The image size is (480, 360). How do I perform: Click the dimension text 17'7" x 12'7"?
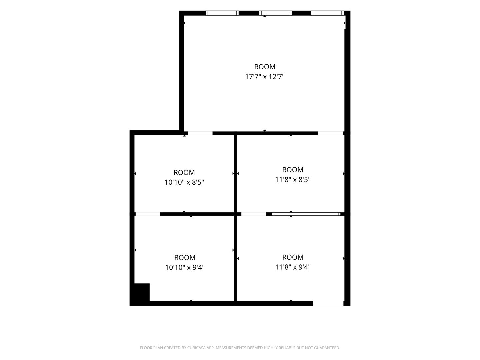tap(265, 77)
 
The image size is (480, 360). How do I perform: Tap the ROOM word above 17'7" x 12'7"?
tap(265, 67)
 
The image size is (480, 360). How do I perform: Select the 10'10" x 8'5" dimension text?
tap(184, 182)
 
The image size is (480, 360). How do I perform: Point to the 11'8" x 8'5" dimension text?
tap(293, 179)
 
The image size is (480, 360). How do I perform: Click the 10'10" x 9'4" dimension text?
tap(185, 267)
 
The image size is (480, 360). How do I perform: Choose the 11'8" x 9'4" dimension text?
tap(293, 267)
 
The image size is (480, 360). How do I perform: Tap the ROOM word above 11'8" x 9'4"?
tap(293, 257)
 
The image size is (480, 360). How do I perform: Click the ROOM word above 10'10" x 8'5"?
tap(184, 172)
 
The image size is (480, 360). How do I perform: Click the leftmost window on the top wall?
tap(222, 13)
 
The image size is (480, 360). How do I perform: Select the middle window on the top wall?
tap(276, 13)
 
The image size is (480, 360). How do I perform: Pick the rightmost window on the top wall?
tap(327, 13)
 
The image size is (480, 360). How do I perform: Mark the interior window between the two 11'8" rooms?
tap(306, 214)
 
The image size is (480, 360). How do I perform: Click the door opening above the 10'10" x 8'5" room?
tap(200, 133)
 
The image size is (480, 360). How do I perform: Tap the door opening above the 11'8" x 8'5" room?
tap(330, 133)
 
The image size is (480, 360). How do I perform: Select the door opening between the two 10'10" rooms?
tap(148, 214)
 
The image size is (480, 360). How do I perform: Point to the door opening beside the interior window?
tap(253, 214)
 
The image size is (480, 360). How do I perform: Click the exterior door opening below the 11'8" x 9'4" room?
tap(328, 304)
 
